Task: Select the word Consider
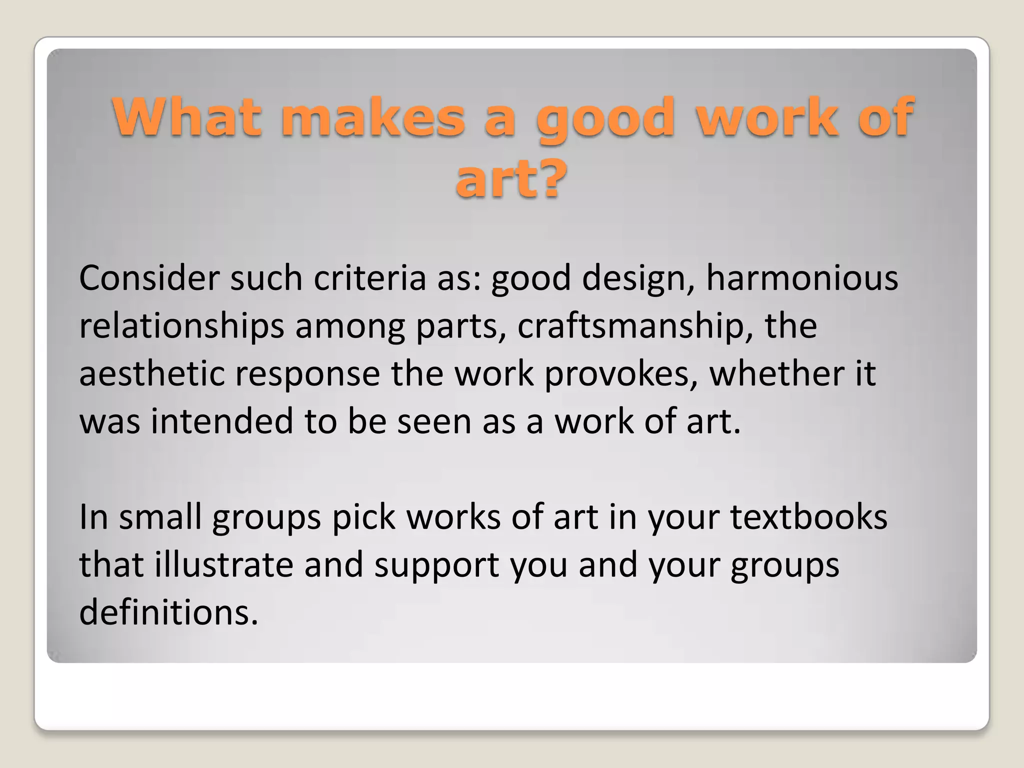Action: coord(149,278)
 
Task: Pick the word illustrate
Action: coord(223,565)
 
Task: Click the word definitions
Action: coord(168,612)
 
